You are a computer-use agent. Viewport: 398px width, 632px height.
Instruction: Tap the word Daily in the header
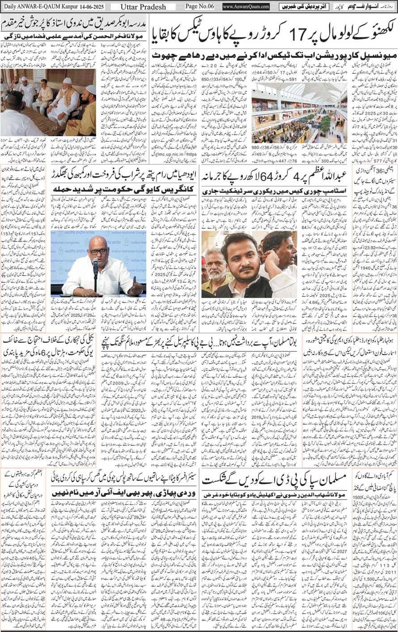coord(10,7)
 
